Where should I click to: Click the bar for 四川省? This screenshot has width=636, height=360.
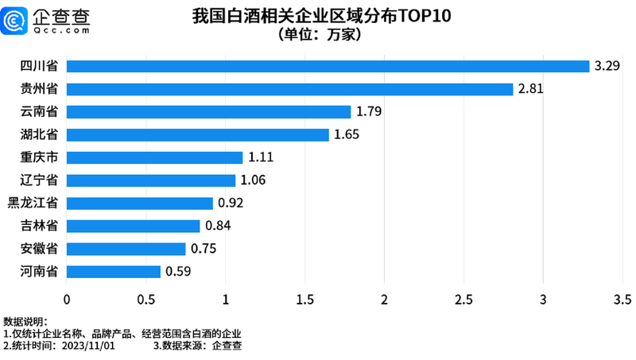(x=328, y=66)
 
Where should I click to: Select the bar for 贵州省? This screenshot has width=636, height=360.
(x=289, y=89)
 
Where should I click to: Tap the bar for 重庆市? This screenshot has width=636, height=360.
(x=154, y=157)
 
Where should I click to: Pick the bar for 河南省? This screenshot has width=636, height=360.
(x=113, y=272)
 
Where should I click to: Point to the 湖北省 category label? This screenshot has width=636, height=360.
(x=37, y=134)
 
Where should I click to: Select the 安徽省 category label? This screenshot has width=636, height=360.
(x=37, y=249)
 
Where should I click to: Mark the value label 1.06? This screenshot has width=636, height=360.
(x=253, y=180)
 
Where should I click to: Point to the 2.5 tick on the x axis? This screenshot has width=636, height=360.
(x=463, y=300)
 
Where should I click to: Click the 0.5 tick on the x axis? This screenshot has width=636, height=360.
(x=145, y=300)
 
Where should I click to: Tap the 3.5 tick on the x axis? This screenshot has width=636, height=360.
(x=622, y=300)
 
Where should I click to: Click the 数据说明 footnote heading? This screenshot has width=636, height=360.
(x=21, y=322)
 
